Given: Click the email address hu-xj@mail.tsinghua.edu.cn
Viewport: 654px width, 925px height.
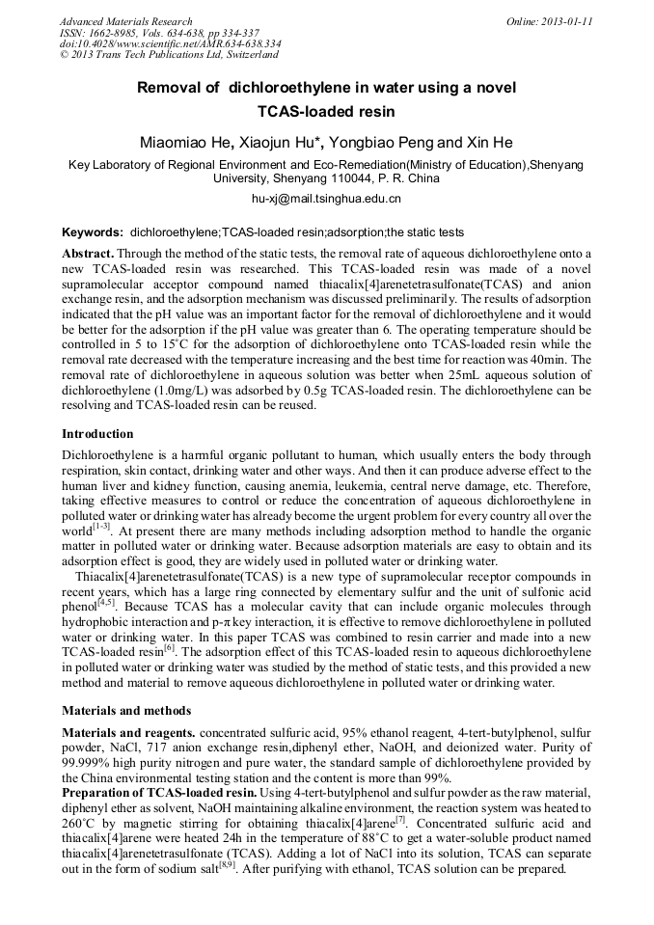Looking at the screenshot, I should (326, 199).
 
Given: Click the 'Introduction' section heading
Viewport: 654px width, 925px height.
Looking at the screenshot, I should (97, 434).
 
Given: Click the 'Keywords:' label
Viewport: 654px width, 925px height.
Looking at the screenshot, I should (93, 232).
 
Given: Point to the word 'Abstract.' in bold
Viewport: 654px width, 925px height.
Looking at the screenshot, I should (88, 252).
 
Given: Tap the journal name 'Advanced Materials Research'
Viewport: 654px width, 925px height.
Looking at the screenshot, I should (125, 21).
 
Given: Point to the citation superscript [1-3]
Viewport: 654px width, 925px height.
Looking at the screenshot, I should (101, 528).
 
